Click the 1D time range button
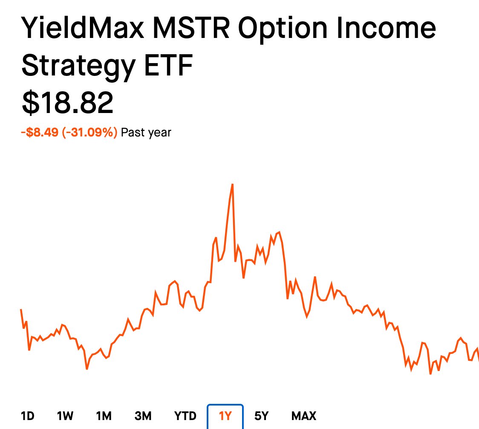pos(28,416)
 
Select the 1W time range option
pos(65,416)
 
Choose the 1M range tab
pos(104,416)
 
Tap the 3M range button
pos(143,416)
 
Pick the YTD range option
pos(185,416)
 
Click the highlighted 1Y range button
pos(225,416)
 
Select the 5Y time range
pos(261,416)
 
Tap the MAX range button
pos(304,416)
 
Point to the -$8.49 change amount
pos(40,133)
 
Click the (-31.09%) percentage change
pos(89,133)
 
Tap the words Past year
pos(146,133)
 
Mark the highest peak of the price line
pos(232,184)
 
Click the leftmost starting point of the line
pos(21,310)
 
